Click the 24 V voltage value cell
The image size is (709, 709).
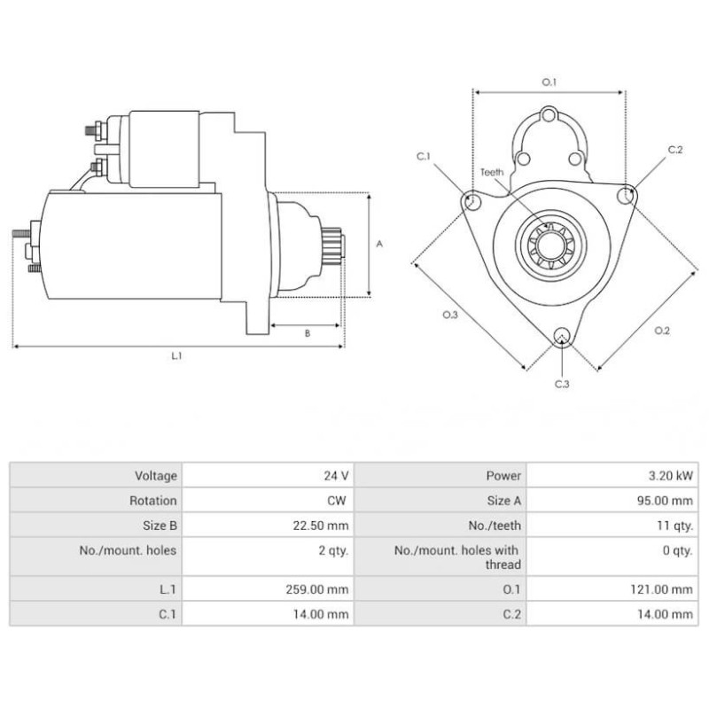(x=336, y=476)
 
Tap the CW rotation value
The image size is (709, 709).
(x=339, y=501)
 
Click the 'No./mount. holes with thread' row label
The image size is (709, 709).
(x=457, y=557)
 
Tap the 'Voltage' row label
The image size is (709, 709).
(x=156, y=476)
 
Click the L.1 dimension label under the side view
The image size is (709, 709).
(x=176, y=355)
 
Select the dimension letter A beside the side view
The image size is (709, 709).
(x=379, y=243)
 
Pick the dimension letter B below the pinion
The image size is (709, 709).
(x=307, y=333)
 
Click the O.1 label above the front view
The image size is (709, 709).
(x=549, y=82)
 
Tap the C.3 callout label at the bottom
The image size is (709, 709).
(x=562, y=384)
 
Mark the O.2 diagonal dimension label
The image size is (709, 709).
(x=661, y=331)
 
